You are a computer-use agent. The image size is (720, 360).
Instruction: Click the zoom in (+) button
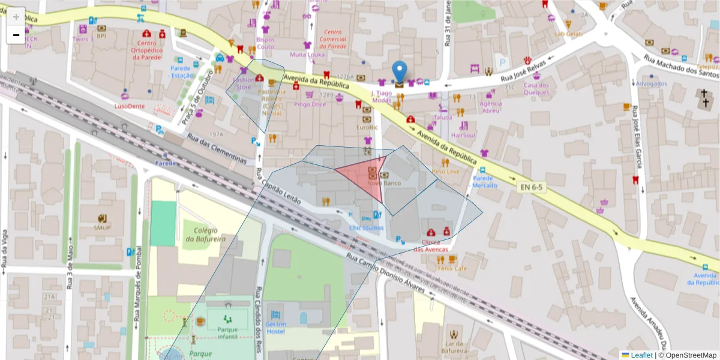click(x=16, y=17)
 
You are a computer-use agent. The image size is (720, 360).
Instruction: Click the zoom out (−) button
click(x=16, y=35)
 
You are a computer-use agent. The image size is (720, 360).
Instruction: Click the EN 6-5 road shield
click(x=532, y=187)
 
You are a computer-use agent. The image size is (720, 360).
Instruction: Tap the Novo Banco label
click(x=383, y=182)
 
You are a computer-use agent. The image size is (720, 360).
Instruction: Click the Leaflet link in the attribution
click(x=641, y=355)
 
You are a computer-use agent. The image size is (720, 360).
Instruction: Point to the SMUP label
click(x=102, y=227)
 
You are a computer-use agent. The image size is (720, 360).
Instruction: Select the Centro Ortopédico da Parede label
click(x=147, y=50)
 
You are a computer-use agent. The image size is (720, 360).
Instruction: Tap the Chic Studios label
click(x=366, y=228)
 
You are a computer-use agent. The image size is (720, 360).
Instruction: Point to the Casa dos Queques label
click(x=536, y=89)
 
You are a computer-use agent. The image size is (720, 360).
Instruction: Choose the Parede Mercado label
click(x=485, y=182)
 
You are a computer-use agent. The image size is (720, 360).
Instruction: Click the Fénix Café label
click(x=452, y=268)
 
